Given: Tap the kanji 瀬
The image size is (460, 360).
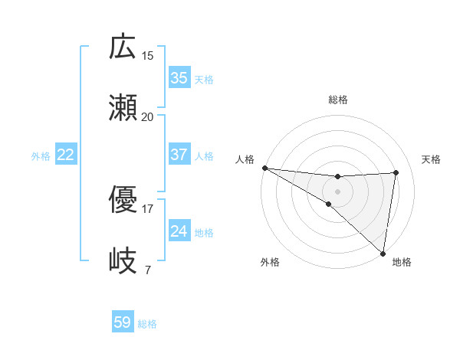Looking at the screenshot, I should tap(123, 108).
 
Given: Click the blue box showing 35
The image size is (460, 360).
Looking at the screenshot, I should tap(179, 78).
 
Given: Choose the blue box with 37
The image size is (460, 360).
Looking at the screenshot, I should tap(179, 155).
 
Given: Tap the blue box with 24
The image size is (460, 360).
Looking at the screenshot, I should tap(179, 231).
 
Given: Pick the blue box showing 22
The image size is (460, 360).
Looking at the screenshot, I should tap(65, 155).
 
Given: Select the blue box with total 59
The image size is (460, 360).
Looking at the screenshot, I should tap(122, 322).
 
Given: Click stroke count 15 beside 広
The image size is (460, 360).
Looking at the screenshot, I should tap(148, 56).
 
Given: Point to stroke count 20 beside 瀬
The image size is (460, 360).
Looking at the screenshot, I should tap(148, 117).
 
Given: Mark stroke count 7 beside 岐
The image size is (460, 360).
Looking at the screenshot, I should tap(147, 270).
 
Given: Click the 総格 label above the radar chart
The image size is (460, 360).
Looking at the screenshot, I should tap(337, 100).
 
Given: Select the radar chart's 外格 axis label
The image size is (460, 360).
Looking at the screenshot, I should tap(270, 262).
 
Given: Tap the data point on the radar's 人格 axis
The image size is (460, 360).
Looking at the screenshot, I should tap(264, 168).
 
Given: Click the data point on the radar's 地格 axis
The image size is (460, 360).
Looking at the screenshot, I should tap(383, 253).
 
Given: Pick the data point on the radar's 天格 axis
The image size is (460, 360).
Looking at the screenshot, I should tap(396, 172).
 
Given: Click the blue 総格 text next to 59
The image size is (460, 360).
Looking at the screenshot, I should tap(147, 324).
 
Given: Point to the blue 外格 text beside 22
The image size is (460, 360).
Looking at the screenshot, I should tap(41, 156).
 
